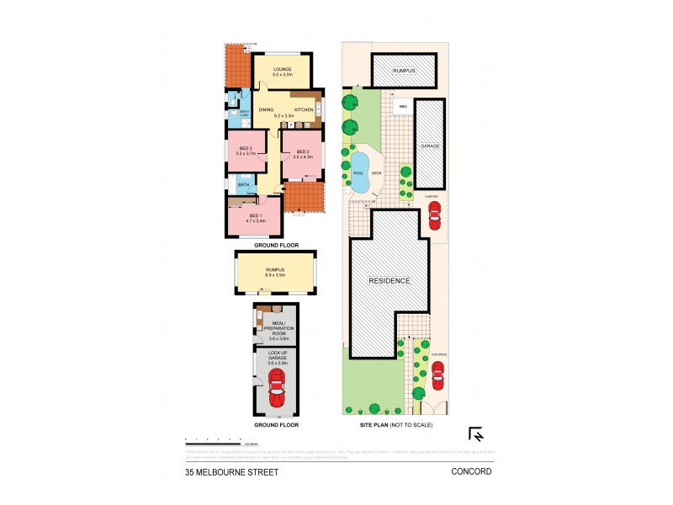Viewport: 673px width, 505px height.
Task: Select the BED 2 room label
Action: click(x=302, y=153)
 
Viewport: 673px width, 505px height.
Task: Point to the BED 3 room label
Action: click(x=245, y=151)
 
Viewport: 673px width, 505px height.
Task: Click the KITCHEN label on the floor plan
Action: click(x=304, y=110)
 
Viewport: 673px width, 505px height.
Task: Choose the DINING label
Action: click(x=266, y=110)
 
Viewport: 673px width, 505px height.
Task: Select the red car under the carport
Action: click(x=434, y=216)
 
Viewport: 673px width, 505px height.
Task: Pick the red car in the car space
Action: click(x=437, y=377)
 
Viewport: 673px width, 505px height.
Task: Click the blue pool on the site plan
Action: click(x=360, y=172)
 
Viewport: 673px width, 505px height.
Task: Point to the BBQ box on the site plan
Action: click(x=403, y=107)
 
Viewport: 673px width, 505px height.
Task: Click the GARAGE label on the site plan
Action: click(x=430, y=146)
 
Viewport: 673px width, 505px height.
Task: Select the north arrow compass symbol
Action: click(x=475, y=435)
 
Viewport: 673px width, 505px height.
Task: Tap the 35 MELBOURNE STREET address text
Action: click(x=231, y=472)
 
